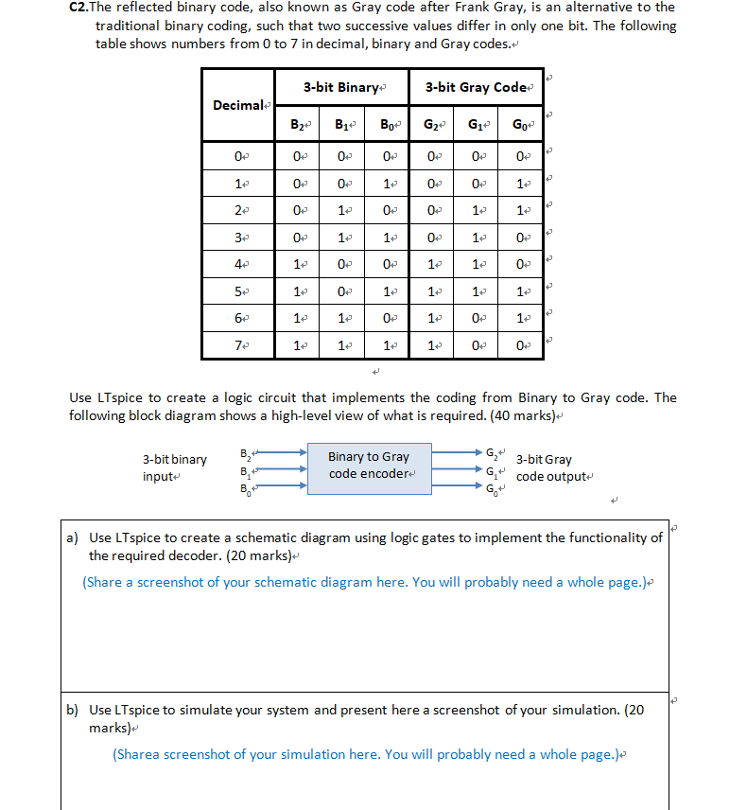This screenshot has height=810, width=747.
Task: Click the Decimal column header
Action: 238,104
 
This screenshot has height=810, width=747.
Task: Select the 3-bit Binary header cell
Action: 341,87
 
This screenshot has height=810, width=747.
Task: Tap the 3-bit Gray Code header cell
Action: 475,87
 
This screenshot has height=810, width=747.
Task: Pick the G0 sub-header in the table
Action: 520,122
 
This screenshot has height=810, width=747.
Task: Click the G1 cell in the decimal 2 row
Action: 476,208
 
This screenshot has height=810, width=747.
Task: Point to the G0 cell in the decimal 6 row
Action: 520,320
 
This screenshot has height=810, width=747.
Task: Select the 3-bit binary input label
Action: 175,467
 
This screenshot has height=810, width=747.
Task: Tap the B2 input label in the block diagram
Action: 247,452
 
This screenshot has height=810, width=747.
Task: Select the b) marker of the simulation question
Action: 72,710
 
